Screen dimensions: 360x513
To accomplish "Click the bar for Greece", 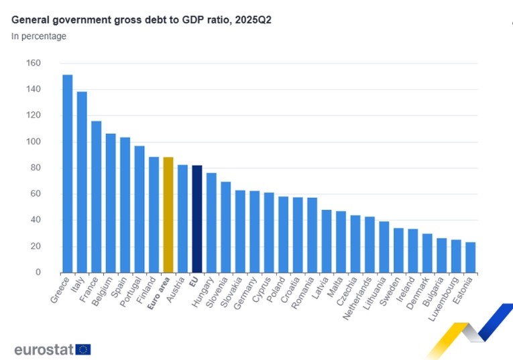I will tap(68, 174).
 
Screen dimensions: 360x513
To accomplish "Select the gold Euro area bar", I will tap(168, 215).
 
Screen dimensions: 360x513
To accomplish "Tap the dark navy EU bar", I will tap(197, 219).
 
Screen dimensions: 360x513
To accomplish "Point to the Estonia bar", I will tap(470, 257).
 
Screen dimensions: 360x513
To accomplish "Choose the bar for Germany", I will tap(255, 232).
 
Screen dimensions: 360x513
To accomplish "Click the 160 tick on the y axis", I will tap(34, 63).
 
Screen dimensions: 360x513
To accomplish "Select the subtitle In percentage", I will tap(39, 36).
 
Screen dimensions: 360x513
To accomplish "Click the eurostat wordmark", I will tap(44, 349).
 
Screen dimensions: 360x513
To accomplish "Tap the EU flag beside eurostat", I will tap(83, 349).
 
